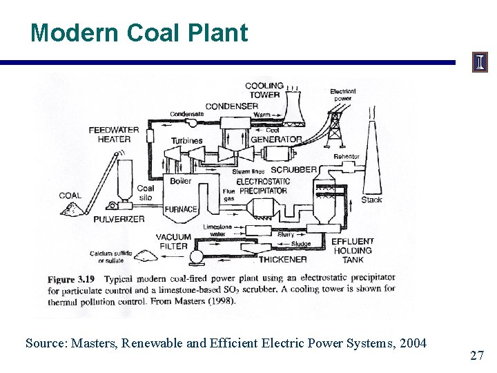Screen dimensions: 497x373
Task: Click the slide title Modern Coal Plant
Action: pyautogui.click(x=139, y=32)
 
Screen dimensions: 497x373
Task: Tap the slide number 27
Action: pyautogui.click(x=476, y=356)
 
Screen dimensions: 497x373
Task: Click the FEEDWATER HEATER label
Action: pyautogui.click(x=114, y=134)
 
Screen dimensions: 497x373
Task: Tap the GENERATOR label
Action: pyautogui.click(x=276, y=139)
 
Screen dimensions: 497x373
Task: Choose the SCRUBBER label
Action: pyautogui.click(x=294, y=169)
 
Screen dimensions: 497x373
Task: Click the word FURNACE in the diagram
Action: pyautogui.click(x=180, y=209)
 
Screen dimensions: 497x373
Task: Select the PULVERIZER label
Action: pyautogui.click(x=119, y=219)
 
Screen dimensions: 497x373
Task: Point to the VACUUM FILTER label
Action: pyautogui.click(x=173, y=241)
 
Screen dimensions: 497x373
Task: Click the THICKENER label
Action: pyautogui.click(x=282, y=260)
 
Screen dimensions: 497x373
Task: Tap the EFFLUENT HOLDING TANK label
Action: pyautogui.click(x=352, y=251)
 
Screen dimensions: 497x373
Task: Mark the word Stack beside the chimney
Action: pyautogui.click(x=371, y=200)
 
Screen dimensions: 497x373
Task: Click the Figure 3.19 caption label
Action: pyautogui.click(x=71, y=280)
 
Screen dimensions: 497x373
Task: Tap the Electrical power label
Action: pyautogui.click(x=342, y=95)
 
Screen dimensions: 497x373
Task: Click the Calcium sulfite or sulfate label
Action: pyautogui.click(x=110, y=256)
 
